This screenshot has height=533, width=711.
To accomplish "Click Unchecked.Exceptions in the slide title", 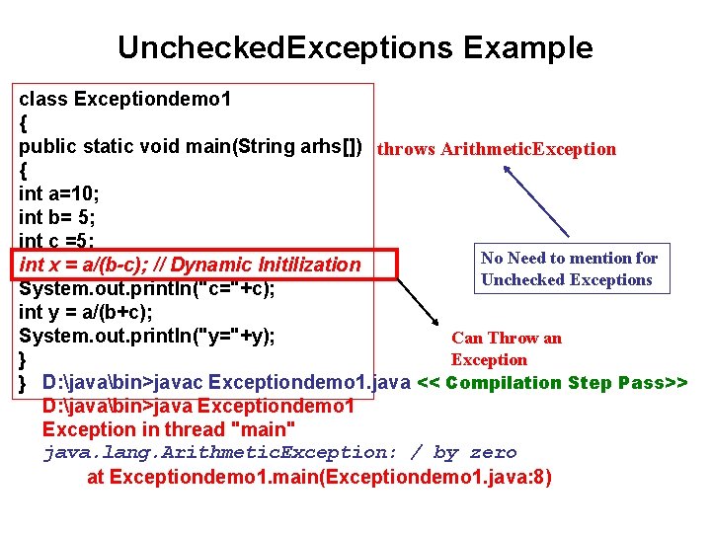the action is point(282,47).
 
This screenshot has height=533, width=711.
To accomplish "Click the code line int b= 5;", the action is point(57,217).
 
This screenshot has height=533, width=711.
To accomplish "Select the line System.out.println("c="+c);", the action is point(146,288).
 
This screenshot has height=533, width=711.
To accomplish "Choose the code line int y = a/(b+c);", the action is point(85,312).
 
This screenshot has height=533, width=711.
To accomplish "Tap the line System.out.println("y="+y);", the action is point(146,336).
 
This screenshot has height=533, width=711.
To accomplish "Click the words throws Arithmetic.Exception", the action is point(497,149).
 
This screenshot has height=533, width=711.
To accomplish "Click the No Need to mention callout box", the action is point(569,268).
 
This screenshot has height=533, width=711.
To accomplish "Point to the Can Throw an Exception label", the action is point(506,348).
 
